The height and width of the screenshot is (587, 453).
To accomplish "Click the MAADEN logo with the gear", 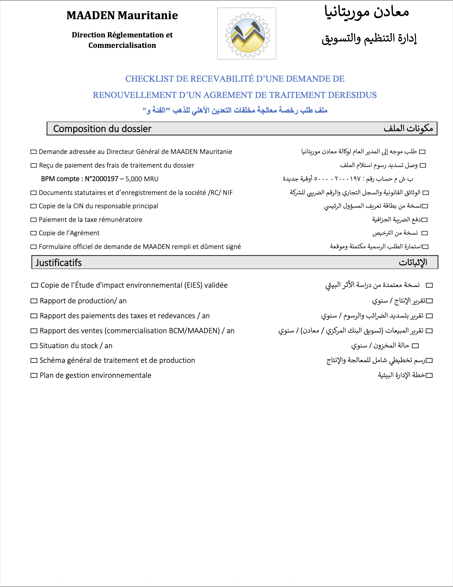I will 247,34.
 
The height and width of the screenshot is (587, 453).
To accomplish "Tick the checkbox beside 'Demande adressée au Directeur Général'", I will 34,152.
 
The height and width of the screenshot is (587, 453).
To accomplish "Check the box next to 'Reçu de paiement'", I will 34,166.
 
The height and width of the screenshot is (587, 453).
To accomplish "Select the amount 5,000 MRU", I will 142,179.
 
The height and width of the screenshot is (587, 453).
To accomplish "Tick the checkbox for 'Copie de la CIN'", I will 34,206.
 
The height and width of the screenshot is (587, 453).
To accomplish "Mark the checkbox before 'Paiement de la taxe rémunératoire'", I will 34,220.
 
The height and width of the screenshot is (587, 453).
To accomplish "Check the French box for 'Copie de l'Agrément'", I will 34,233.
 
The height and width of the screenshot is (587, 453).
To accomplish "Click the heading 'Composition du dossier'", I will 102,129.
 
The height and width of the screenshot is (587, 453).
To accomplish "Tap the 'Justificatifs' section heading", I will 59,263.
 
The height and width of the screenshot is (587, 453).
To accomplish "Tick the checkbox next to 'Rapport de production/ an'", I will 34,301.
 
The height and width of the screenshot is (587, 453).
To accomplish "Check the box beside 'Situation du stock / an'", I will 34,346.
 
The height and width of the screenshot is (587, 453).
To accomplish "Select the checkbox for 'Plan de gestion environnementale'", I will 34,375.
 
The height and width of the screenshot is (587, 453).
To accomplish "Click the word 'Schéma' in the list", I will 51,361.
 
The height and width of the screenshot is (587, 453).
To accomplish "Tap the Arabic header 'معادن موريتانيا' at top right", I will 367,12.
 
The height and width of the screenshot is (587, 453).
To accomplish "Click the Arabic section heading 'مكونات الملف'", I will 408,129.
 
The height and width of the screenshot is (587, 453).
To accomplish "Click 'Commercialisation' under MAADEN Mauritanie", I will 122,45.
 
